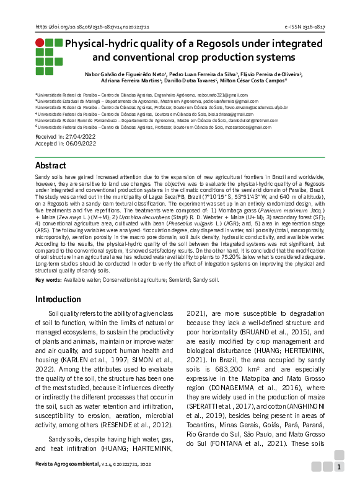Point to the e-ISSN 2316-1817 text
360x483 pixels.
tap(304, 27)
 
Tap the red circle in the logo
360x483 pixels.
tap(40, 43)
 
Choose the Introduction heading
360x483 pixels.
tap(58, 298)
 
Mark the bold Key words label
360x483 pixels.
tap(48, 280)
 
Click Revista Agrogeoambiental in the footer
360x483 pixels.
tap(66, 463)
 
